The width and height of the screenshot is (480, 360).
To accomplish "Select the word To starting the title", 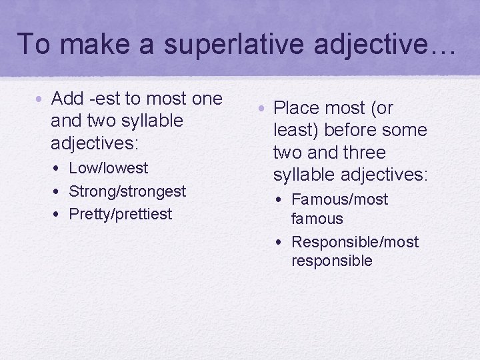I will point(33,44).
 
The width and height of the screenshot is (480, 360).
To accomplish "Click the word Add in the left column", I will point(67,99).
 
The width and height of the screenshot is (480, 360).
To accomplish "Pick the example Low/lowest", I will point(108,168).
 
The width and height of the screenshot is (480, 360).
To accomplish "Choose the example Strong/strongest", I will point(127,191).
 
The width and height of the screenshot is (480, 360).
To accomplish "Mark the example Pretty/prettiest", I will point(120,214).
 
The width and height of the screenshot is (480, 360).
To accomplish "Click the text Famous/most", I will point(339,199).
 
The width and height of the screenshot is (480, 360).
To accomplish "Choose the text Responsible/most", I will point(355,241).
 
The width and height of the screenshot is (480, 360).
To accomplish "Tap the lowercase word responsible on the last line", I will point(331,261).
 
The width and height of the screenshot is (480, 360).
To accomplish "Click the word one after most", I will point(207,99).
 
